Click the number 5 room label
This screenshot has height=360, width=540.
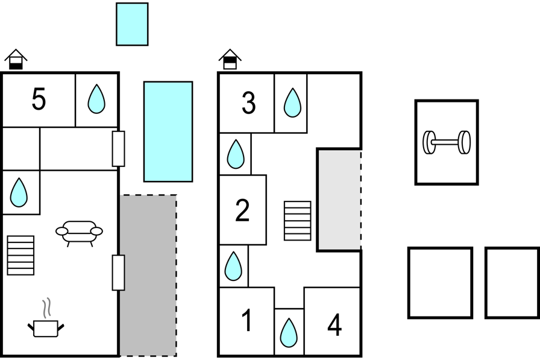click(x=39, y=99)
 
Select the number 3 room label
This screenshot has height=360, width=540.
click(x=248, y=103)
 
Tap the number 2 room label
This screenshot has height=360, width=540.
click(x=242, y=210)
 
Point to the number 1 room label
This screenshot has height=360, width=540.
click(x=246, y=321)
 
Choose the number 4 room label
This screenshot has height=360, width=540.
click(x=334, y=326)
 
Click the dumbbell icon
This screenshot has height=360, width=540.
click(x=447, y=142)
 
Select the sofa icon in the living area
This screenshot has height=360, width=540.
click(x=79, y=232)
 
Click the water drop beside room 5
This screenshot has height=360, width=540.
click(x=96, y=99)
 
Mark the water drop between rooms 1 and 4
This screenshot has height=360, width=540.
click(x=289, y=332)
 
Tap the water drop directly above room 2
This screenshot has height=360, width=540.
click(x=235, y=154)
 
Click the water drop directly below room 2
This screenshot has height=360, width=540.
click(x=233, y=266)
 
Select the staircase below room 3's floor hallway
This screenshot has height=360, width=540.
click(x=298, y=221)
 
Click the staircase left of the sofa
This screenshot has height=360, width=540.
click(x=20, y=255)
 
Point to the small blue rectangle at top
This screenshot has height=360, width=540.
click(x=132, y=24)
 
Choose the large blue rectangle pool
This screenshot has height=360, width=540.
click(x=168, y=131)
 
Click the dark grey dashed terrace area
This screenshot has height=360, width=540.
click(x=148, y=275)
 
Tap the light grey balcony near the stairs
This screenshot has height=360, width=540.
click(x=339, y=199)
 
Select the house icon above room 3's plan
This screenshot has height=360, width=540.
click(x=230, y=59)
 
